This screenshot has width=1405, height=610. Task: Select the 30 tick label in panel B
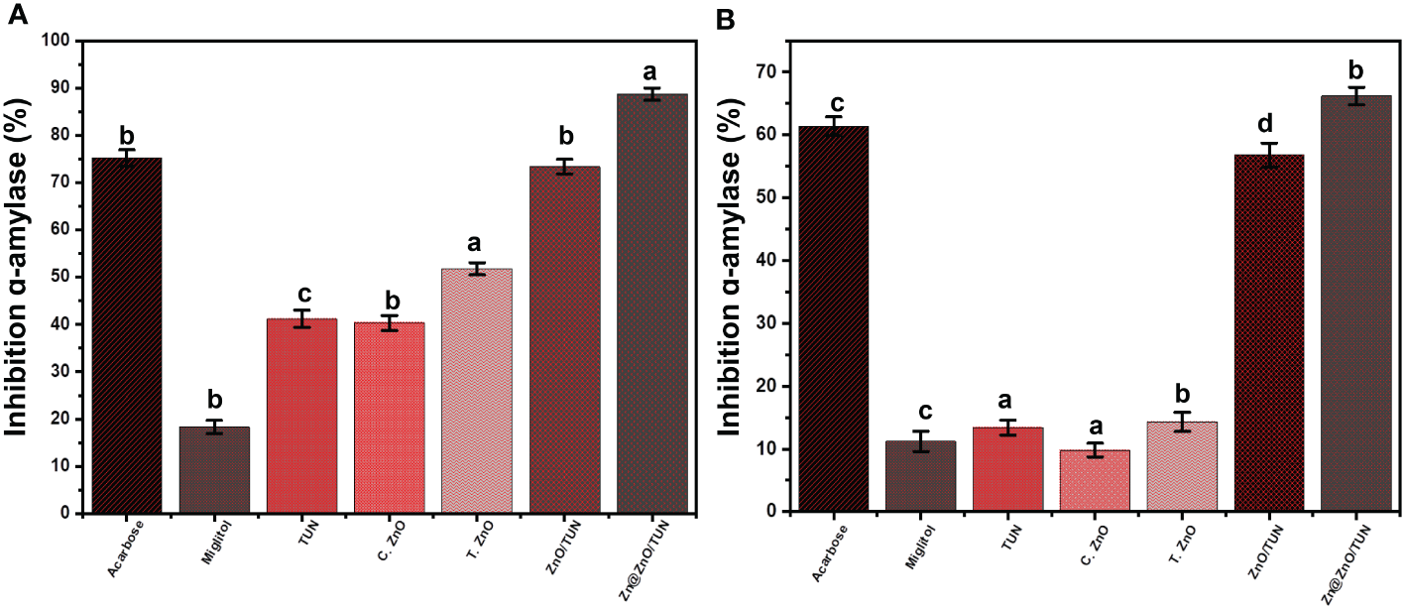click(764, 323)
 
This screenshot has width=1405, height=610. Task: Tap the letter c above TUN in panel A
click(301, 297)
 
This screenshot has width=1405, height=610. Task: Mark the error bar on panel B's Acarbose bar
click(832, 126)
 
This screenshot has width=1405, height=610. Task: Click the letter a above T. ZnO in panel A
click(476, 245)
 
